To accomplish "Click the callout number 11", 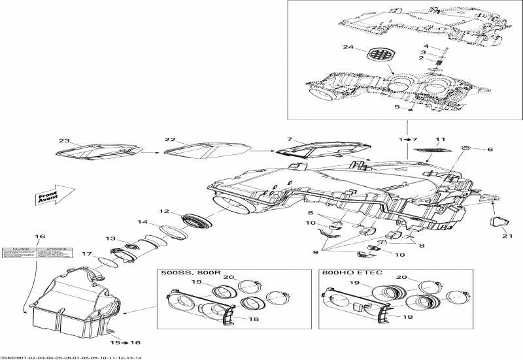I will point(440,140).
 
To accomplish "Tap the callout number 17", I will point(86,254).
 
